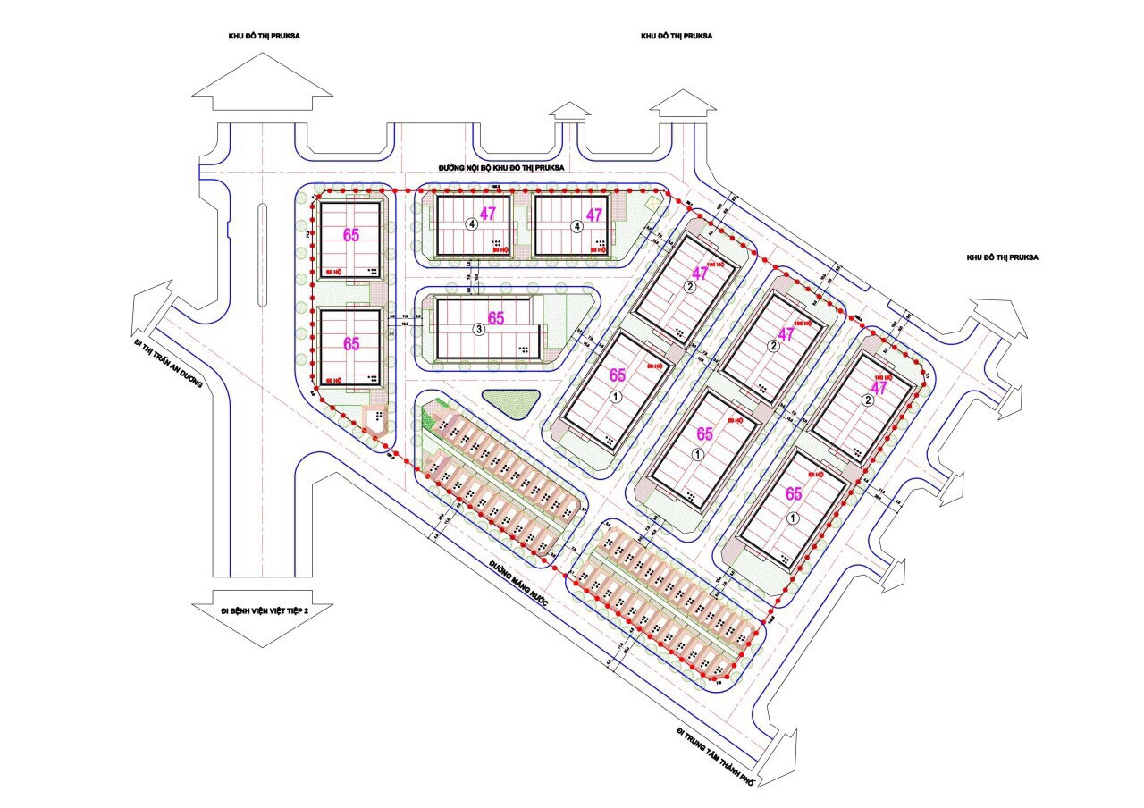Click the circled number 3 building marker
(x=479, y=330)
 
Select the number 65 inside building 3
(x=496, y=318)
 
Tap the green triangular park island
(x=511, y=403)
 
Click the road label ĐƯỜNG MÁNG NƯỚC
(x=517, y=585)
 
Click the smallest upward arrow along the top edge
(x=570, y=111)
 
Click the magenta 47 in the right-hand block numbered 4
(x=594, y=215)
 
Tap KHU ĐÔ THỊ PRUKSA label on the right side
(x=1002, y=257)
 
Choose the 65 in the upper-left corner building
(x=351, y=235)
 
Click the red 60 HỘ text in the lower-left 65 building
(x=333, y=382)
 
